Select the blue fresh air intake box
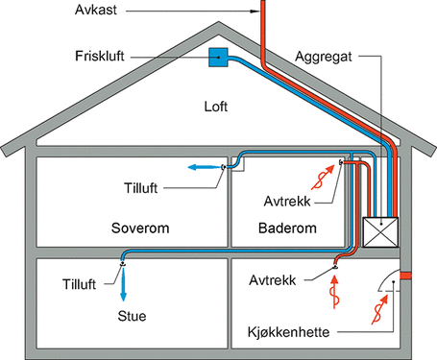click(x=219, y=58)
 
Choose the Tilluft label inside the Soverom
click(x=145, y=183)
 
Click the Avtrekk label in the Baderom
click(x=285, y=203)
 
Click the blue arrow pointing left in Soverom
click(x=201, y=167)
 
